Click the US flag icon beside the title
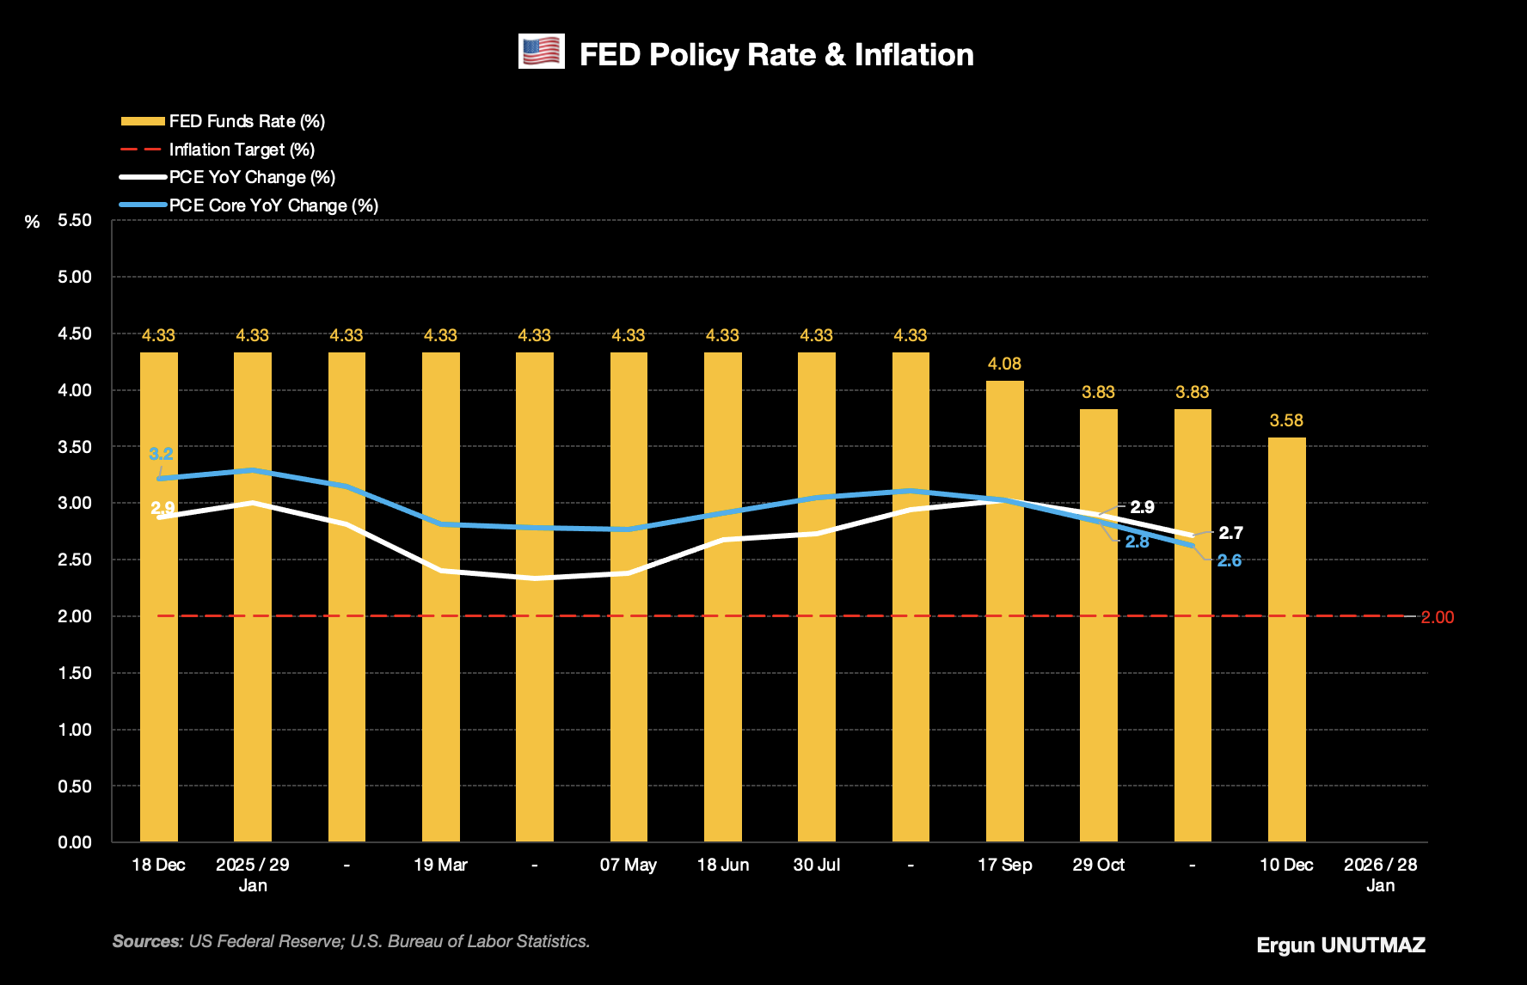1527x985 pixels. tap(542, 52)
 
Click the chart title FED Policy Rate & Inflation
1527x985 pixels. tap(776, 55)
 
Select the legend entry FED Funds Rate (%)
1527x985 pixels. tap(246, 121)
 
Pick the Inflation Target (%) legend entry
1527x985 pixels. tap(242, 150)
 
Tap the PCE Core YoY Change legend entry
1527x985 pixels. tap(273, 205)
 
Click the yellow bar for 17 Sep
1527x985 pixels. tap(1004, 610)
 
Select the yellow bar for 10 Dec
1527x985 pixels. tap(1286, 639)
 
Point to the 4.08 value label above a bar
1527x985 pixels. tap(1004, 364)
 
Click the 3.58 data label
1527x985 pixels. tap(1286, 420)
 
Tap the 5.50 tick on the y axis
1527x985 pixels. tap(75, 220)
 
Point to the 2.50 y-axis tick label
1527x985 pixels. tap(75, 560)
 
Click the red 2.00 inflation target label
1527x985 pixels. tap(1437, 617)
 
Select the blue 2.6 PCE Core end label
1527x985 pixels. tap(1230, 560)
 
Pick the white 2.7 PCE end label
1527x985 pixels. tap(1230, 533)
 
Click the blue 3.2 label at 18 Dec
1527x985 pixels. tap(161, 454)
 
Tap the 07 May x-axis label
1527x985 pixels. tap(628, 865)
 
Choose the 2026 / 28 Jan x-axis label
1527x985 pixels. tap(1380, 874)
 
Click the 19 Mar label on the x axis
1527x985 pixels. tap(440, 865)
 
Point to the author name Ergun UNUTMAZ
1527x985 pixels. tap(1340, 945)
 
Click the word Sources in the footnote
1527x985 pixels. tap(147, 941)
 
